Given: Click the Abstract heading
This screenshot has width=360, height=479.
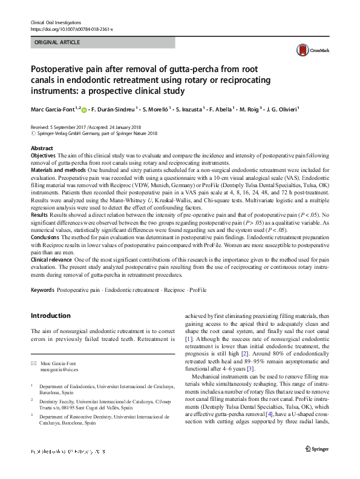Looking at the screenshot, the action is [x=41, y=148].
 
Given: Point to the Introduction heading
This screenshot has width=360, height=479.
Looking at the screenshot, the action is [x=50, y=315].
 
